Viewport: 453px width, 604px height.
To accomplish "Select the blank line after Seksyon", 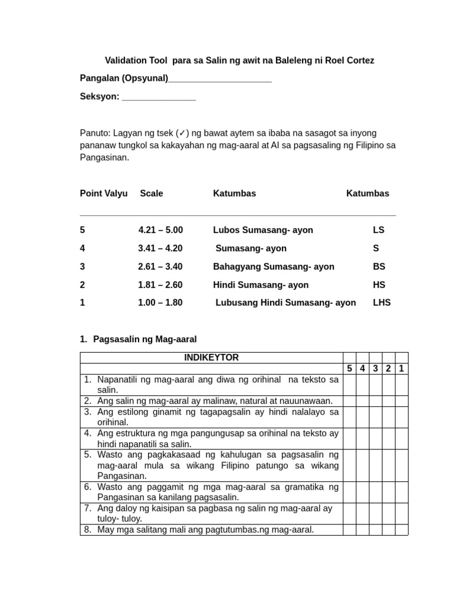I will click(159, 97).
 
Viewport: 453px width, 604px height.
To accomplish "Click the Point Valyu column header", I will click(104, 193).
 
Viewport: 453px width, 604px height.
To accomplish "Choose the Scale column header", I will click(152, 193).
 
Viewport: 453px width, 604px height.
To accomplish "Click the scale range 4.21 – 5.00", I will click(160, 230).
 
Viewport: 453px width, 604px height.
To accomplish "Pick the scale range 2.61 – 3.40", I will click(160, 267).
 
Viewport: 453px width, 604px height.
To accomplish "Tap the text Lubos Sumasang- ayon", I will click(263, 230).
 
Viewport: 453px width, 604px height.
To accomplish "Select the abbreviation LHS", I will click(382, 303).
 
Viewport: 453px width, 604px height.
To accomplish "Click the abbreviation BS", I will click(379, 267).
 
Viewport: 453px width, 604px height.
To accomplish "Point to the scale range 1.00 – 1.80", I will click(160, 303).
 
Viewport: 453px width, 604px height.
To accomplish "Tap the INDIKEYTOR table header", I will click(211, 357).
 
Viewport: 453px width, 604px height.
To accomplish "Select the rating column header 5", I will click(349, 369).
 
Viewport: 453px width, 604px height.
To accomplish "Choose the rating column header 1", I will click(401, 369).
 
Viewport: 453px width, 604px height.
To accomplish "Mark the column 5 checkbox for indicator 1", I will click(349, 385).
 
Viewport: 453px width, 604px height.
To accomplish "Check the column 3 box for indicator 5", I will click(375, 465).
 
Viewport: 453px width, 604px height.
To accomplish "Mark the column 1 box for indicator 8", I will click(401, 530).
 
